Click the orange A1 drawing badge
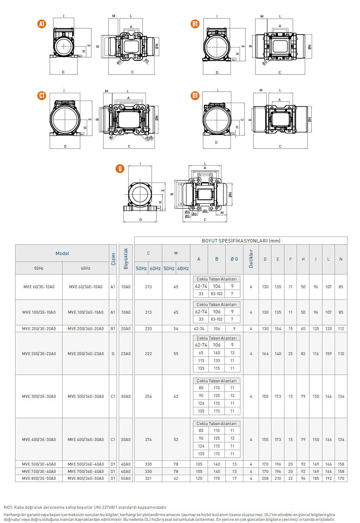click(x=42, y=24)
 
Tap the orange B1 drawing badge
click(x=195, y=24)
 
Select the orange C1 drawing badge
click(x=42, y=95)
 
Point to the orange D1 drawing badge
click(x=195, y=95)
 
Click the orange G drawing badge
click(x=120, y=169)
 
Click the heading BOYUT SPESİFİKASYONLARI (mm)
click(x=241, y=241)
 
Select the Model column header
click(x=62, y=253)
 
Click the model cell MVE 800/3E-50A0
click(x=39, y=479)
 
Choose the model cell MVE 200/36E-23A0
click(x=85, y=354)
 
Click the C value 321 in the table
click(x=148, y=479)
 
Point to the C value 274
click(x=148, y=439)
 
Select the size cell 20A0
click(x=126, y=328)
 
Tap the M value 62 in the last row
click(x=176, y=479)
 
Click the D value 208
click(x=265, y=479)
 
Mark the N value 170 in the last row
click(x=341, y=479)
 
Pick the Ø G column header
click(x=234, y=259)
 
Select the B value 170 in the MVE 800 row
click(x=217, y=479)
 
